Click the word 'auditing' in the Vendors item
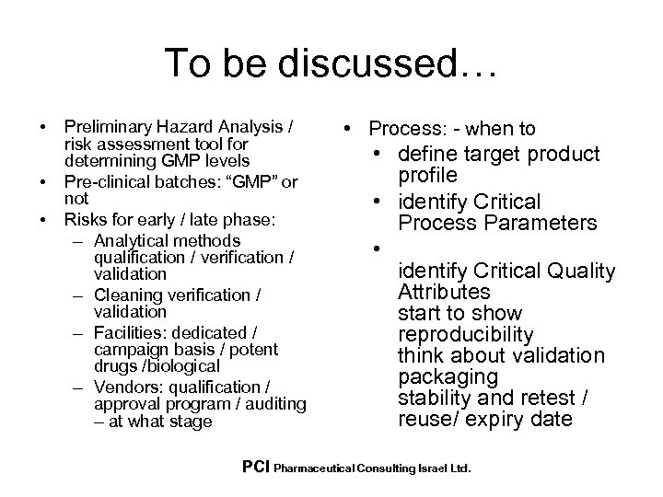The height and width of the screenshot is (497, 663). pyautogui.click(x=275, y=404)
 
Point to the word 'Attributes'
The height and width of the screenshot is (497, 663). pyautogui.click(x=444, y=292)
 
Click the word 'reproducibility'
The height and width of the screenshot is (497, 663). pyautogui.click(x=465, y=334)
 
